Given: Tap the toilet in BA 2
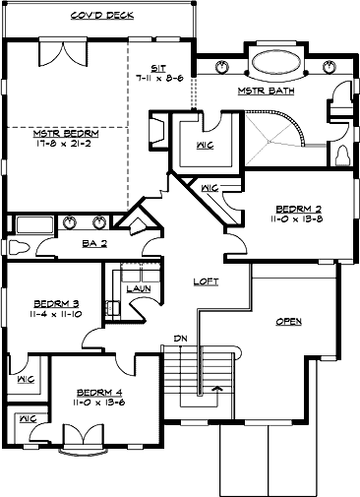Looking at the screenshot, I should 19,245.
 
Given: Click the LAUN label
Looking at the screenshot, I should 138,288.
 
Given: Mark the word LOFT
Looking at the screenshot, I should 205,281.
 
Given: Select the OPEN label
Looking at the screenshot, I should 289,321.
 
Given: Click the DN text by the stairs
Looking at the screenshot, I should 181,340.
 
